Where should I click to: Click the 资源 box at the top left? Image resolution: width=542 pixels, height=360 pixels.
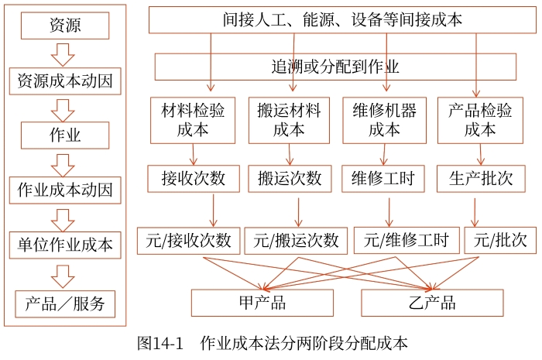[x=65, y=26]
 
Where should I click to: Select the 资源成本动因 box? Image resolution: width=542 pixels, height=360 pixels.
[x=65, y=81]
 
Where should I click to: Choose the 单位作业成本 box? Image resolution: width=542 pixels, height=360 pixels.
[x=65, y=245]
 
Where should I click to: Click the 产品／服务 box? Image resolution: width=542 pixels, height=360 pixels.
[x=65, y=303]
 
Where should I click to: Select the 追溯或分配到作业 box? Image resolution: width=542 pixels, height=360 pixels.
[x=334, y=67]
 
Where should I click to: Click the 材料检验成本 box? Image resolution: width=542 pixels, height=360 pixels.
[x=193, y=120]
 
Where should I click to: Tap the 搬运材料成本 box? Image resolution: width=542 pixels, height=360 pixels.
[x=290, y=120]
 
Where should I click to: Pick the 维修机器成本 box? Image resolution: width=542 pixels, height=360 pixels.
[x=384, y=120]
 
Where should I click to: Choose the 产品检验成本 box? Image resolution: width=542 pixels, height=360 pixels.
[x=480, y=120]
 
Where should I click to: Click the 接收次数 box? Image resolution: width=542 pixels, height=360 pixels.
[x=194, y=179]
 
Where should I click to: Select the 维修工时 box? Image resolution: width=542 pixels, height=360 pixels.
[x=383, y=179]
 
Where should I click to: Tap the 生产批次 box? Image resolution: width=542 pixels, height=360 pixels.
[x=481, y=179]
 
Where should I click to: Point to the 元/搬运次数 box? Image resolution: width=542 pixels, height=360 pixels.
[x=296, y=241]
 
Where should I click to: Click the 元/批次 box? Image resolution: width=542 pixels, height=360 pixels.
[x=499, y=241]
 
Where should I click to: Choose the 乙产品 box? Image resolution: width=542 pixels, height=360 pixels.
[x=431, y=303]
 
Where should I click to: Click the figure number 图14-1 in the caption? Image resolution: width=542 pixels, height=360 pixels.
[x=160, y=343]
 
